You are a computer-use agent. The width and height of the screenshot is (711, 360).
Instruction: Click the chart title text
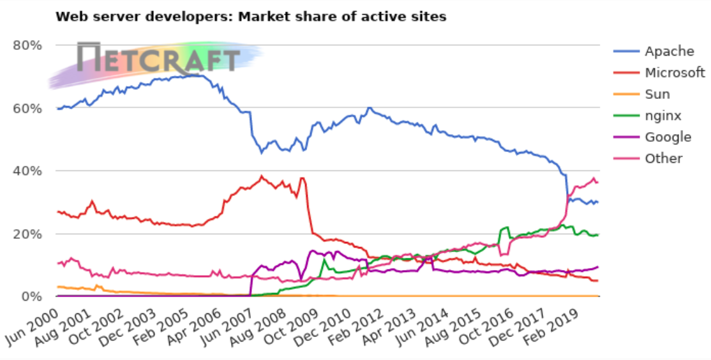[x=251, y=17]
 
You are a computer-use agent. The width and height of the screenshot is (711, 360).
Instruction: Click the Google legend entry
[x=668, y=137]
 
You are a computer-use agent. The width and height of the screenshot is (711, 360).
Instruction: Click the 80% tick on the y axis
[x=27, y=45]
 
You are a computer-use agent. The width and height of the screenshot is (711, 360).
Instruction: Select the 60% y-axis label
[x=27, y=109]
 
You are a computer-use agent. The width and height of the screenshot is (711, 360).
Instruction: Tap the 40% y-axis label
[x=27, y=171]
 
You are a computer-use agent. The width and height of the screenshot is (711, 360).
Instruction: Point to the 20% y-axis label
[x=27, y=234]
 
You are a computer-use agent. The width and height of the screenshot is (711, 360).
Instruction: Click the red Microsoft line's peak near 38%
[x=261, y=176]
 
